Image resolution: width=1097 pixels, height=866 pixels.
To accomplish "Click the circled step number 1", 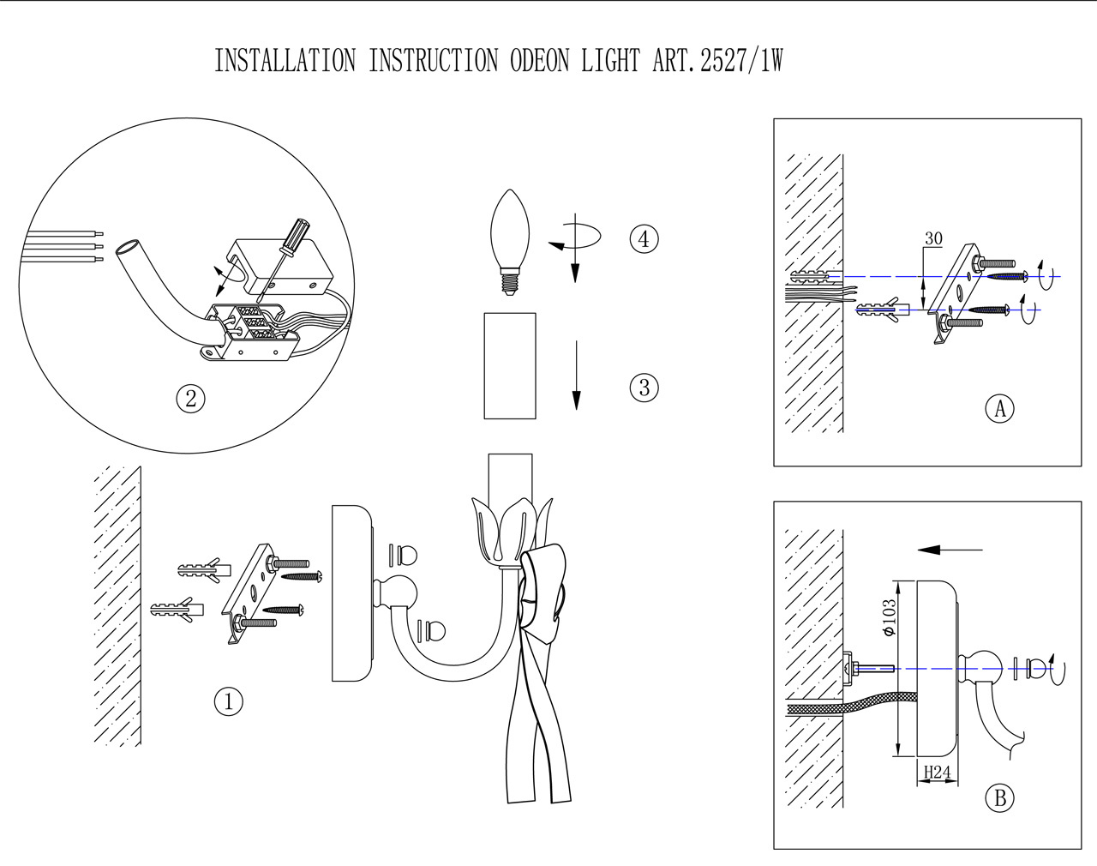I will click(228, 701).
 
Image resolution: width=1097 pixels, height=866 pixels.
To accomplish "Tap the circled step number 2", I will click(190, 398).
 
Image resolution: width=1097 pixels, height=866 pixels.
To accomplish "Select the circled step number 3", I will click(644, 388).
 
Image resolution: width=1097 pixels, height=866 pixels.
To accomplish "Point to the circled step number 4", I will click(644, 238).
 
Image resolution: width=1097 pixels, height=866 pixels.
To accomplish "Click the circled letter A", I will click(999, 408).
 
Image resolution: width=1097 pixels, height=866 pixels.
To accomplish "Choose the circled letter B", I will click(999, 798).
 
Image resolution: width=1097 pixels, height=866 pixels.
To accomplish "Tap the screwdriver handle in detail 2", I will click(297, 235).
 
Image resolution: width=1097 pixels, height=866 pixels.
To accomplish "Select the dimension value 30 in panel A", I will click(933, 239).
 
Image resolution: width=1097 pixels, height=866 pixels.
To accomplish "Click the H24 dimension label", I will click(937, 773).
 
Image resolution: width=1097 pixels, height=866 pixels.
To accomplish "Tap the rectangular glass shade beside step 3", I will click(510, 365).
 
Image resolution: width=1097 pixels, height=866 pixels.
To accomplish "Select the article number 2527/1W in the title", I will click(741, 62).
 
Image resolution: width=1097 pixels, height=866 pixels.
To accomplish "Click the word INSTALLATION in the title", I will click(285, 62).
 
